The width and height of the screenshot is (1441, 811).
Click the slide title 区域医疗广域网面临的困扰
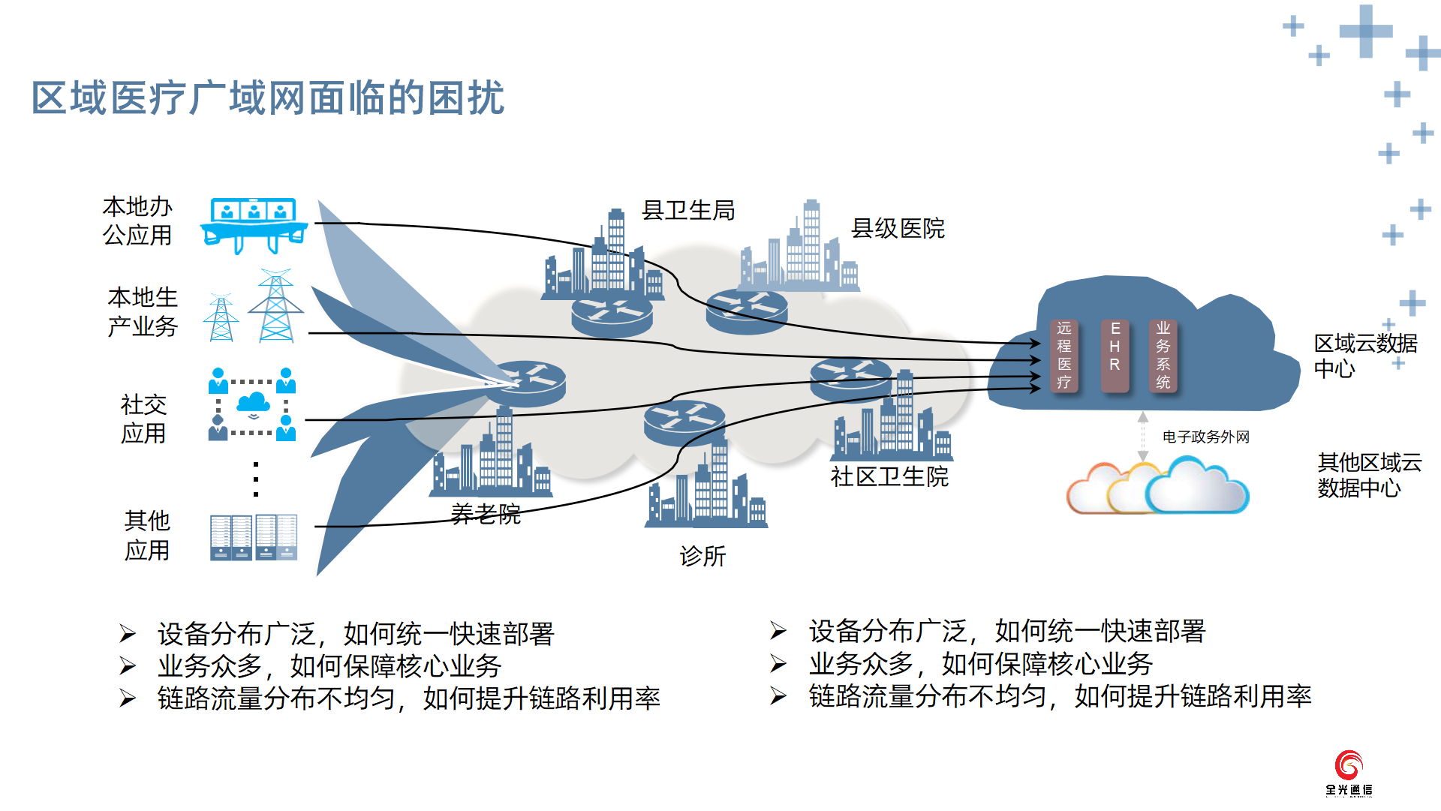(x=268, y=98)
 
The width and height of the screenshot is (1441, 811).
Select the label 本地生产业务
(x=143, y=311)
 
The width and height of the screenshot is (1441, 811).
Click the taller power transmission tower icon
(x=276, y=305)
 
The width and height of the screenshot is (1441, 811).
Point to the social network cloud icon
(x=254, y=404)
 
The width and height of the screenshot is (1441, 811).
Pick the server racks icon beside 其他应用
(x=254, y=536)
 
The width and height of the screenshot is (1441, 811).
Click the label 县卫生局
(x=688, y=210)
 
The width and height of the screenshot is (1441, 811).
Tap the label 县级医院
(x=898, y=228)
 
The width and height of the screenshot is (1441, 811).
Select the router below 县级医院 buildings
(x=747, y=311)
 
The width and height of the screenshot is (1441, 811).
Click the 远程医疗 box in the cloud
(x=1064, y=356)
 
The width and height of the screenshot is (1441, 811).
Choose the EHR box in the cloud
(x=1115, y=356)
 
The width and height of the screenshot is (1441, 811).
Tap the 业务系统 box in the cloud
(x=1163, y=356)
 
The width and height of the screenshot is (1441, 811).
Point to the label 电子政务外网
(x=1206, y=437)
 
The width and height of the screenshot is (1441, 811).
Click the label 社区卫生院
(x=889, y=476)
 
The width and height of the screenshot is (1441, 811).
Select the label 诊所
(x=702, y=556)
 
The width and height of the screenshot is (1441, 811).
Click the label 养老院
(x=486, y=514)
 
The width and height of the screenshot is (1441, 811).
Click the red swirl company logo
(x=1349, y=765)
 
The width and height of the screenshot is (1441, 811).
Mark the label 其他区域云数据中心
(x=1370, y=475)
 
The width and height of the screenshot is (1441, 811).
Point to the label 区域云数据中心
(x=1366, y=356)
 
